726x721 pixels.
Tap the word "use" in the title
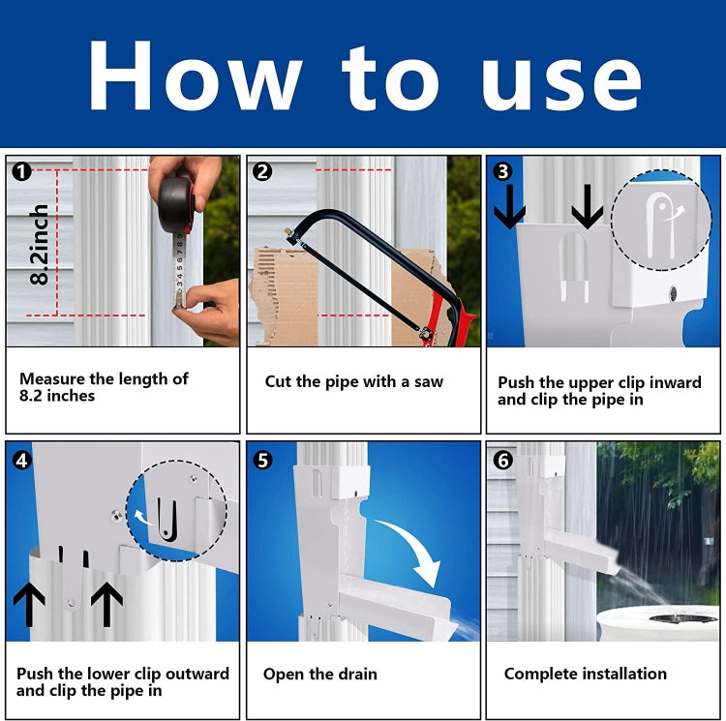(x=561, y=77)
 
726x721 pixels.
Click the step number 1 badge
(x=22, y=172)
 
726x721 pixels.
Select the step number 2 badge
(x=262, y=172)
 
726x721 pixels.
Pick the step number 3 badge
(x=502, y=171)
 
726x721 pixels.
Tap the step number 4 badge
(x=22, y=460)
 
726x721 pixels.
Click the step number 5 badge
(x=262, y=460)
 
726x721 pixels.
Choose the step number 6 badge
(x=502, y=460)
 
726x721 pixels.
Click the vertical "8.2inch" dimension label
(x=40, y=244)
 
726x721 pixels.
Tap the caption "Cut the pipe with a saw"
(x=354, y=382)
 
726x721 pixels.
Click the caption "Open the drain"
(x=320, y=674)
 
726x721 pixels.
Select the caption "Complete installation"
(x=586, y=674)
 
